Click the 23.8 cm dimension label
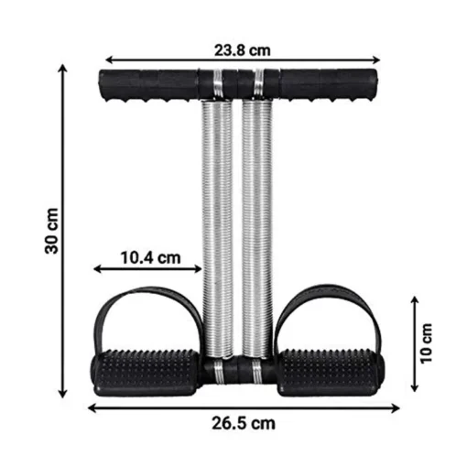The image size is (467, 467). click(242, 50)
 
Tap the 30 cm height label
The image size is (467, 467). click(51, 231)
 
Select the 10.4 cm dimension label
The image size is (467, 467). click(151, 257)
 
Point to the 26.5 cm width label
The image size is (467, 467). click(244, 423)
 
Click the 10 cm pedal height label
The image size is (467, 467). click(427, 343)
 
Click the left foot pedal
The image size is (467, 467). click(146, 373)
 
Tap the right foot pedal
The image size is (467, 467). click(331, 373)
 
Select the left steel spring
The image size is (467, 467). click(217, 229)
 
